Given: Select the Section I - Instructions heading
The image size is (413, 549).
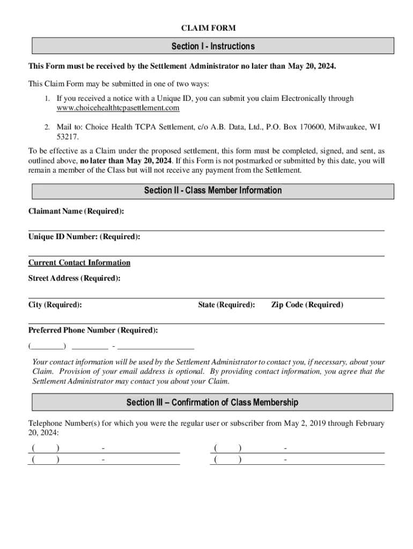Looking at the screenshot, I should click(213, 46).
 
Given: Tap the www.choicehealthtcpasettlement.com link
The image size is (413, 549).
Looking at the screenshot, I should click(117, 108).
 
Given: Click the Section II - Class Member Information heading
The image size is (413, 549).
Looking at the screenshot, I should click(213, 191).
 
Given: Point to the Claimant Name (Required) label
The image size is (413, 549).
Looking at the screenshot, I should click(76, 211).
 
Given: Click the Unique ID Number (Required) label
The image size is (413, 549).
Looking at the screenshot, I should click(84, 236).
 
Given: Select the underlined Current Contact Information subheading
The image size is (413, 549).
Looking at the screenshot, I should click(79, 263).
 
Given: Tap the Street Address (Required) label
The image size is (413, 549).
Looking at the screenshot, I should click(74, 278).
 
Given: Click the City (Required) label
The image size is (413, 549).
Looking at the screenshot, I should click(55, 305).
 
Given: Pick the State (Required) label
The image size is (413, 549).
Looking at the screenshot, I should click(226, 305).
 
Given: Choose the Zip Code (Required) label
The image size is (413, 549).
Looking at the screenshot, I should click(307, 305).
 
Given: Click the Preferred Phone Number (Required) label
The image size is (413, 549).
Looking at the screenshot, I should click(93, 330).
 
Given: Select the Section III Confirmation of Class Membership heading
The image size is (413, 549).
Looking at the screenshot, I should click(212, 402).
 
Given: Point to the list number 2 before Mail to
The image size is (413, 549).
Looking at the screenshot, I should click(47, 127).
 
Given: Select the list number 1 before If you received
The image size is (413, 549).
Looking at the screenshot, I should click(47, 99).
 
